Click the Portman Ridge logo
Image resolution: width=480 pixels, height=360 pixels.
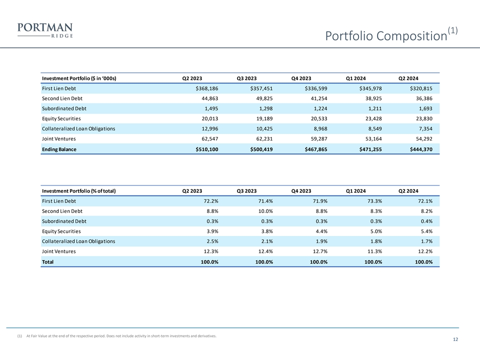click(x=45, y=30)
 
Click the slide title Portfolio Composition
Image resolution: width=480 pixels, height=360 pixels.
click(x=385, y=36)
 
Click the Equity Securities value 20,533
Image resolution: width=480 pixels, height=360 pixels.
click(x=316, y=118)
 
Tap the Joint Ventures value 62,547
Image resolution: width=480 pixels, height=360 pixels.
click(x=207, y=138)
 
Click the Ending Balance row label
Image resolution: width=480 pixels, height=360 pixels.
click(x=59, y=149)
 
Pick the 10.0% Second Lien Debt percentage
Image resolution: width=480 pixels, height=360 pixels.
click(x=263, y=211)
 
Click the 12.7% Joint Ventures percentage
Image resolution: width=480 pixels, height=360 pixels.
click(x=318, y=251)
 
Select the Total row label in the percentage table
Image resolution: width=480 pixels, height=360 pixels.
click(x=48, y=261)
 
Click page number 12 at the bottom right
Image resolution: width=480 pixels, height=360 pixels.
click(x=455, y=340)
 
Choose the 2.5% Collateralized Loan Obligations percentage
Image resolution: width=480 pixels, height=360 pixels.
click(x=210, y=241)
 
